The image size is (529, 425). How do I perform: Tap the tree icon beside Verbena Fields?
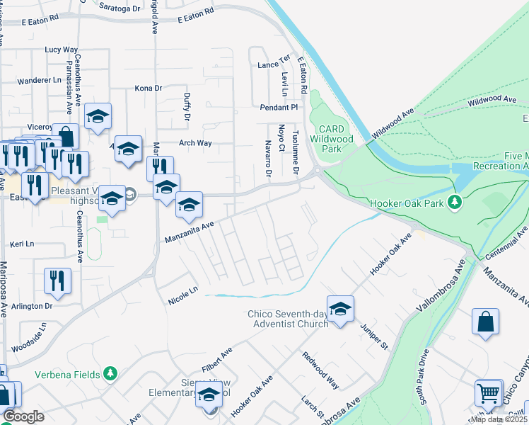(x=110, y=372)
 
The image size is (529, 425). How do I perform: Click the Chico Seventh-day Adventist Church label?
(x=288, y=319)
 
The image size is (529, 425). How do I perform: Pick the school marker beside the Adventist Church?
(x=340, y=309)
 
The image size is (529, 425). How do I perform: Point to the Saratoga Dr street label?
(x=120, y=8)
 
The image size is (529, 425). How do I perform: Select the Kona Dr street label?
(x=149, y=89)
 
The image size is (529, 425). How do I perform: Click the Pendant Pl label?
(x=279, y=107)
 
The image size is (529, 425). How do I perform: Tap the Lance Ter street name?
(x=274, y=64)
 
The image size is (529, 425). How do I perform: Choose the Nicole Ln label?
(x=183, y=300)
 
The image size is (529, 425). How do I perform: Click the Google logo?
(x=23, y=416)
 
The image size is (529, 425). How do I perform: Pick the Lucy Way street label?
(x=61, y=50)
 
